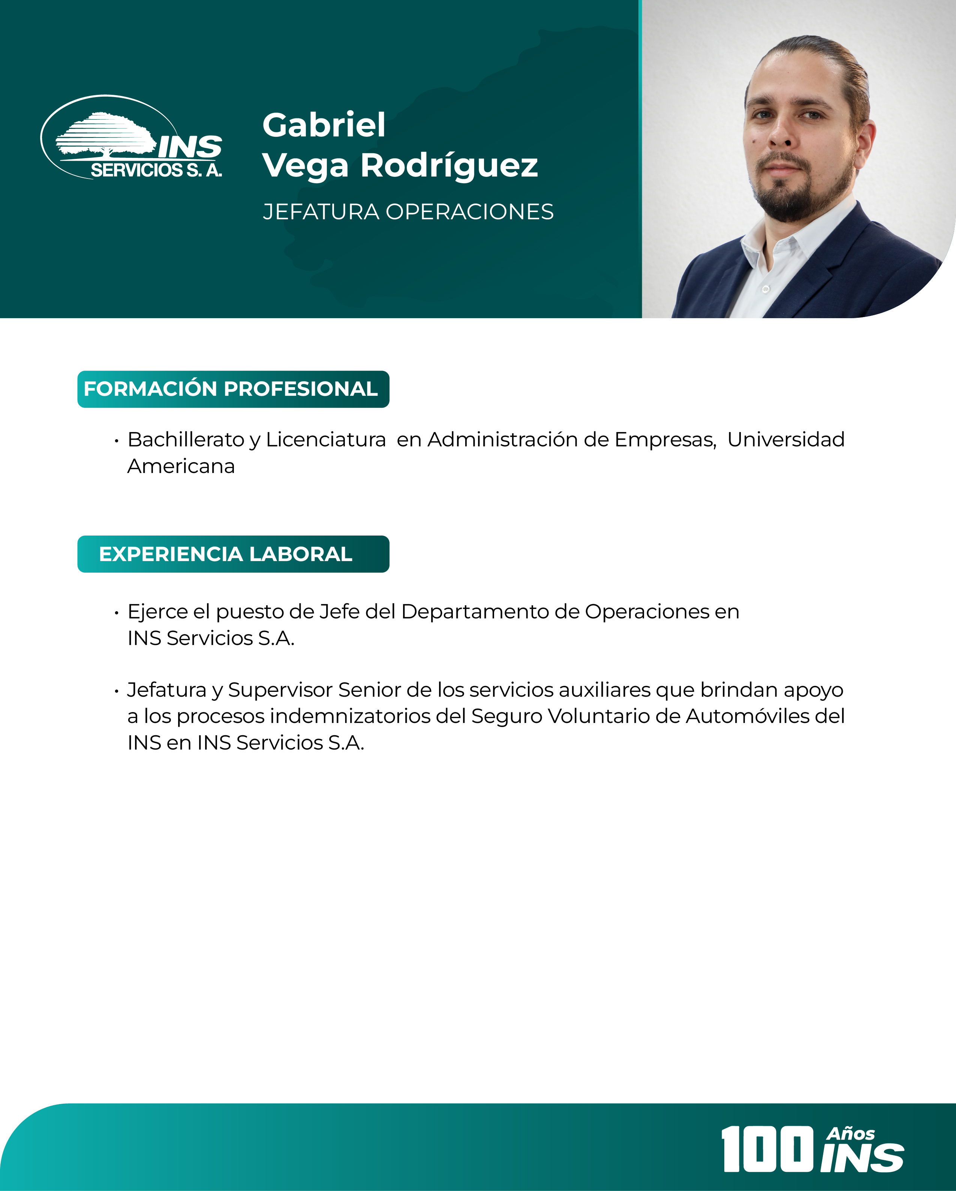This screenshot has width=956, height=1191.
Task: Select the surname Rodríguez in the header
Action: click(449, 166)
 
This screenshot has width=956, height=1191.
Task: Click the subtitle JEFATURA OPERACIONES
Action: click(408, 212)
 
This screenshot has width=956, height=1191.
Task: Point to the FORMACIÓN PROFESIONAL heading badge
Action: click(233, 389)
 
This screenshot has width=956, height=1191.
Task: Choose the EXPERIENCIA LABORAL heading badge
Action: click(233, 554)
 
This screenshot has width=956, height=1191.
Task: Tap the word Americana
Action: click(181, 466)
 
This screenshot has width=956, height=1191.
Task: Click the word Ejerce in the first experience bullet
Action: click(157, 612)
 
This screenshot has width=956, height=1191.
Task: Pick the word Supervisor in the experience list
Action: click(280, 690)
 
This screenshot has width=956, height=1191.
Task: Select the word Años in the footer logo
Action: click(851, 1134)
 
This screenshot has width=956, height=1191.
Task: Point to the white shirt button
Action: click(766, 289)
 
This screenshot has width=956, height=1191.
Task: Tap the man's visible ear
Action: click(866, 147)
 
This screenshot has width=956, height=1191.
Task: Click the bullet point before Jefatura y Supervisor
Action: click(117, 691)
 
